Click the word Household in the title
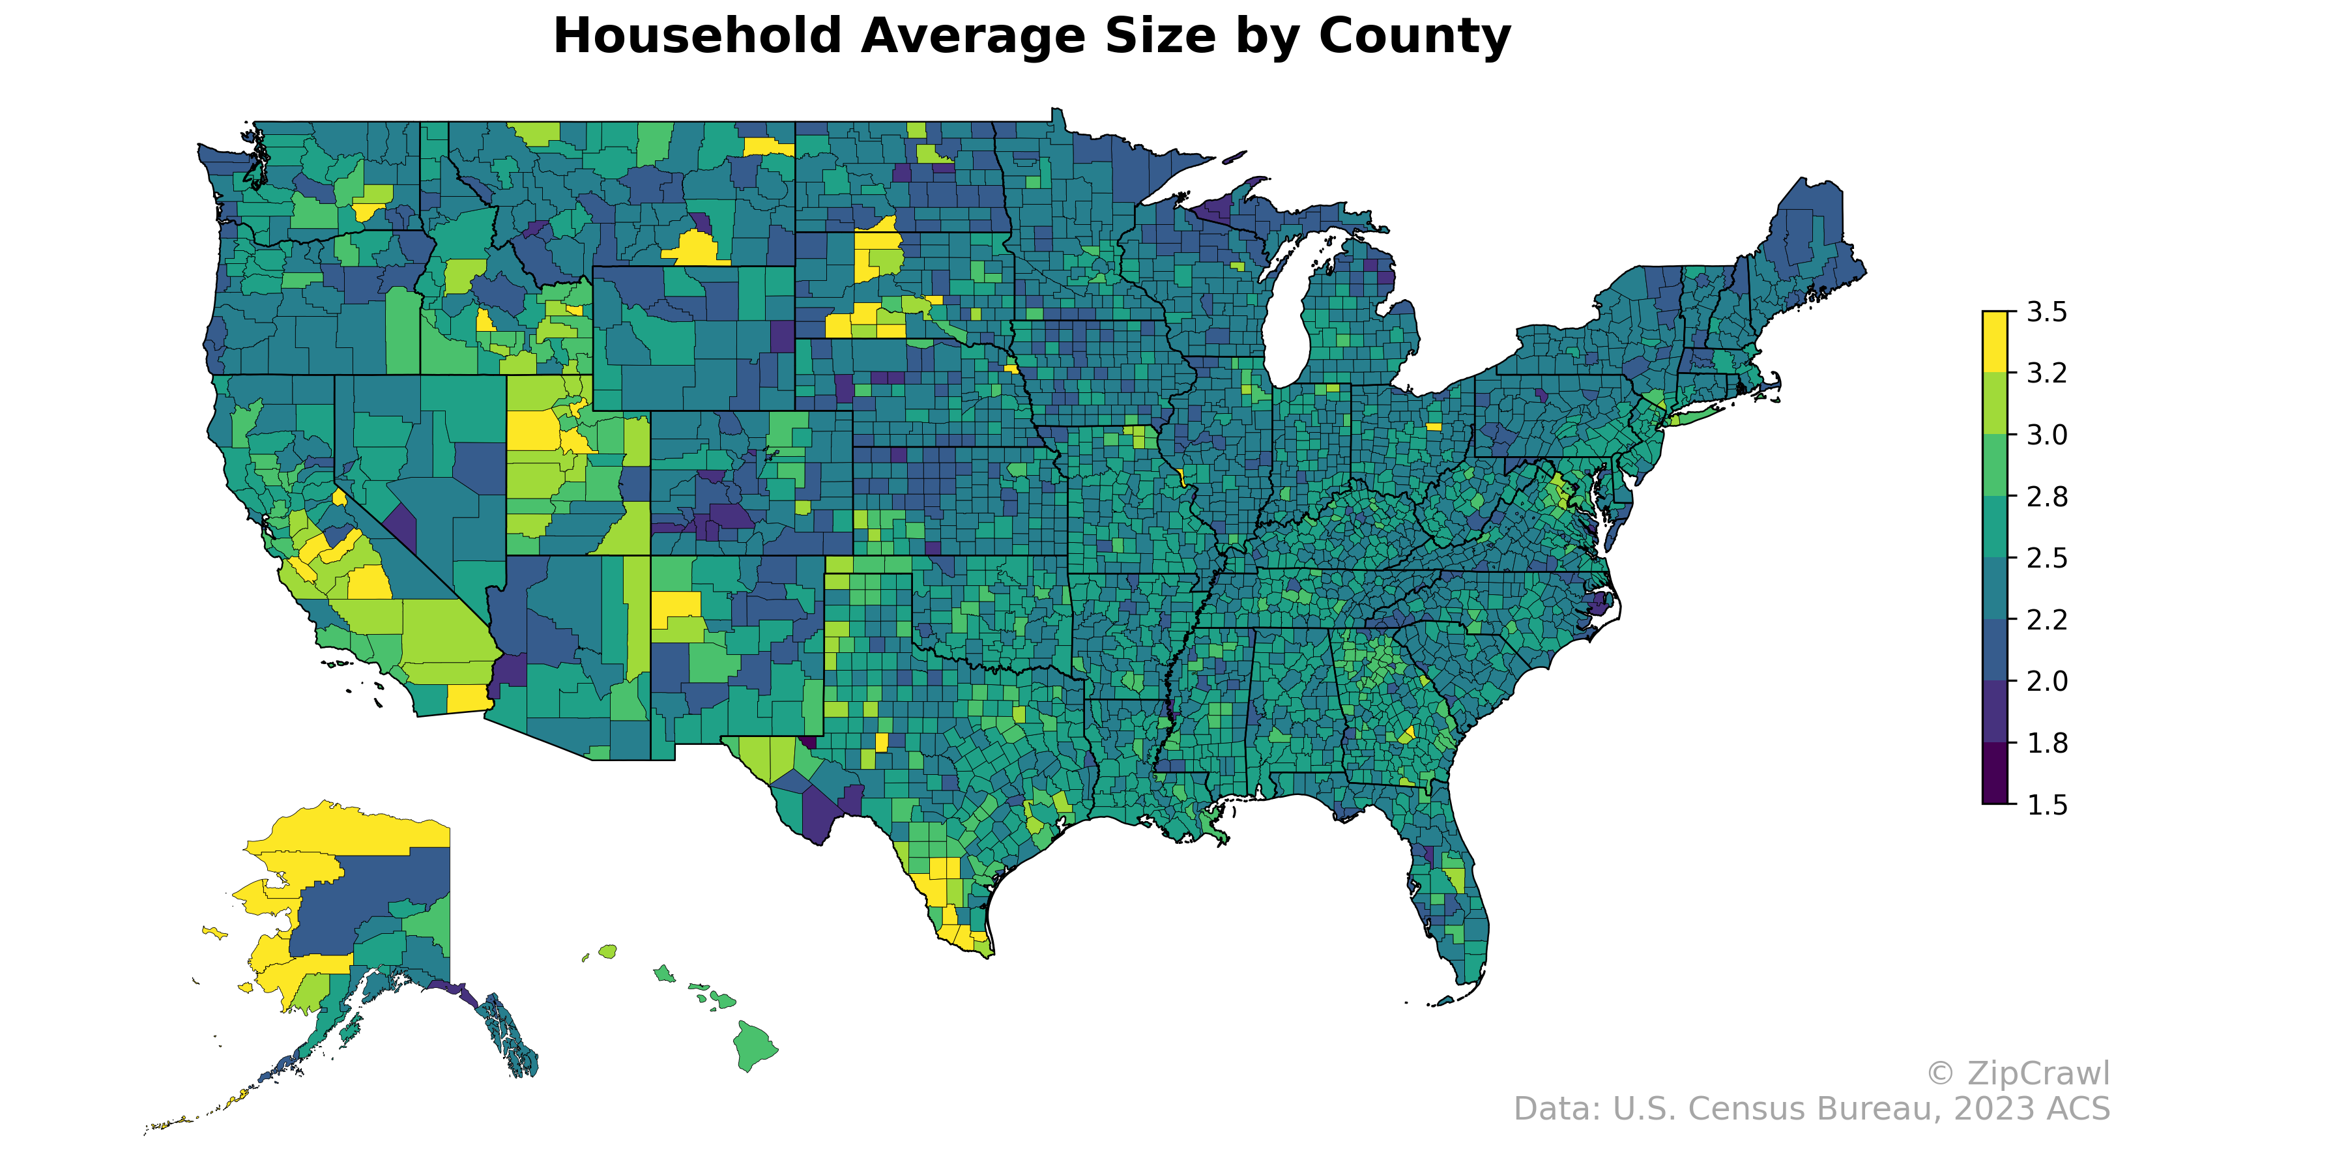(697, 36)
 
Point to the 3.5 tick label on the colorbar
(2046, 312)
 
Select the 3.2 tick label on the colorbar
(2046, 373)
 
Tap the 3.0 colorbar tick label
(2046, 435)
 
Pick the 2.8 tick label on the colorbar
(2046, 497)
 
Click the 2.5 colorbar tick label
(2046, 558)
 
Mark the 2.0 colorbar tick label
(2046, 681)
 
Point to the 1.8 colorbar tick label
(2046, 743)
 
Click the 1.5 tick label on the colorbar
(2046, 805)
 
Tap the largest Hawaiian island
(754, 1045)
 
